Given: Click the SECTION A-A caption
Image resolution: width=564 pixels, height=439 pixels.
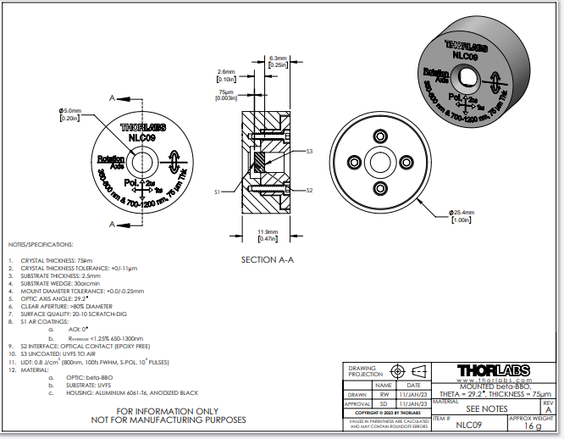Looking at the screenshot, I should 267,259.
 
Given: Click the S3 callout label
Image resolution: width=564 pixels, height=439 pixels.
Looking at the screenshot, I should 309,151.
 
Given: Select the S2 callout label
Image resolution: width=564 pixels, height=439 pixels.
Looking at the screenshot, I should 309,191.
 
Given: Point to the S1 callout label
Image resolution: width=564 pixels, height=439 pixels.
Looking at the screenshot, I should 218,192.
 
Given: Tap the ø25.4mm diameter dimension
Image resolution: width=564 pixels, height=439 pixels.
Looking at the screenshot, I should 462,213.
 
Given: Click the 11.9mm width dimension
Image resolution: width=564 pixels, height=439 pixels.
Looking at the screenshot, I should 268,232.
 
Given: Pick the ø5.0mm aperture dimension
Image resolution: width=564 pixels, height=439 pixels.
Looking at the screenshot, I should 69,111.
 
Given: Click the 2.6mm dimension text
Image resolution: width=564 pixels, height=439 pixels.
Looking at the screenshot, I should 225,72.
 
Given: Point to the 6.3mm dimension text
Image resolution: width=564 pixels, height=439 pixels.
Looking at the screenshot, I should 278,58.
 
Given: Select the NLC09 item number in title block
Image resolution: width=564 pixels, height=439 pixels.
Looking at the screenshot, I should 468,425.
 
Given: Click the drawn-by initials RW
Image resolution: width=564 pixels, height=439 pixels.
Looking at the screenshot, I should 384,394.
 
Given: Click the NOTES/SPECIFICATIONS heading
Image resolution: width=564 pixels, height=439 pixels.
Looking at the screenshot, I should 42,243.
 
